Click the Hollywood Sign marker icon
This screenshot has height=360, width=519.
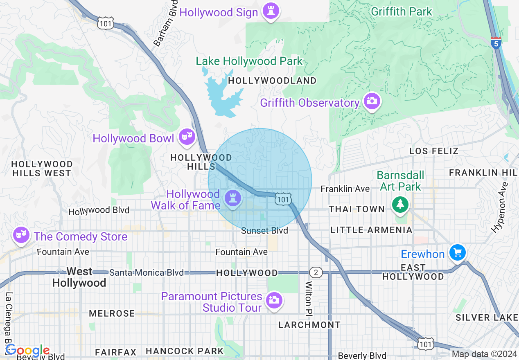(271, 11)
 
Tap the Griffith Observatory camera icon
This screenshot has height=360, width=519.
(372, 101)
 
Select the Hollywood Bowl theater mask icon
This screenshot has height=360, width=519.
(187, 137)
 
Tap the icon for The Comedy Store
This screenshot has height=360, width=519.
(20, 235)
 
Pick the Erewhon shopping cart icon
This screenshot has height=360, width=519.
(457, 253)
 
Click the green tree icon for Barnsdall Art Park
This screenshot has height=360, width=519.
(400, 204)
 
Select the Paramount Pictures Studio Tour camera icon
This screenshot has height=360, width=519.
(273, 300)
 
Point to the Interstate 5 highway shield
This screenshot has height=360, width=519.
(496, 43)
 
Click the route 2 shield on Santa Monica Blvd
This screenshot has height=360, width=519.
(315, 272)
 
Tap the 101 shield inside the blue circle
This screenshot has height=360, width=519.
(283, 199)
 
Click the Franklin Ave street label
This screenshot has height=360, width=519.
(345, 189)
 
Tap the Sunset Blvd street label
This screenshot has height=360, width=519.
(264, 231)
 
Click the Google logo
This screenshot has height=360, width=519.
(27, 351)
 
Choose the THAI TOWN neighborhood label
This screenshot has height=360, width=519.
(357, 209)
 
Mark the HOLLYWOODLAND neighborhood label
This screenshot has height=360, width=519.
(272, 81)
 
